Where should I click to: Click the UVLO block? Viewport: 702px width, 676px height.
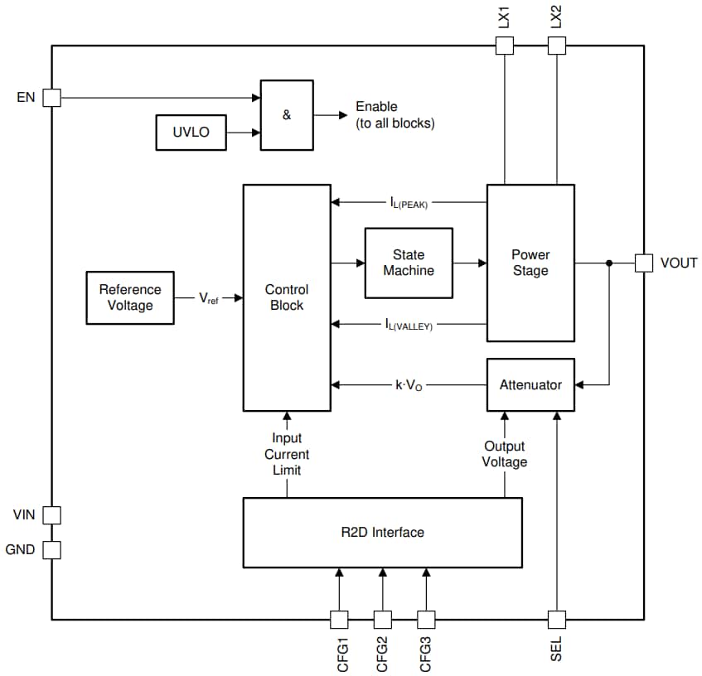[191, 133]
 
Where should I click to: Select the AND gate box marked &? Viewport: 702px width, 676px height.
[287, 115]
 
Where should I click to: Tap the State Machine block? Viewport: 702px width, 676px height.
[409, 263]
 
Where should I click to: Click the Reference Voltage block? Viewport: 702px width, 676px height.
[130, 297]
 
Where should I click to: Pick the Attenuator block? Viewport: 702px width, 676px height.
[530, 384]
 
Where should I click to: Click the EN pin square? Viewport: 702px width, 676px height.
[51, 98]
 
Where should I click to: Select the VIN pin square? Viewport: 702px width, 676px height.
[51, 514]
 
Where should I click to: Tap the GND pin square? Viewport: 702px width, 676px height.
[51, 549]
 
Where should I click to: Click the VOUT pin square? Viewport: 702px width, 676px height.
[644, 263]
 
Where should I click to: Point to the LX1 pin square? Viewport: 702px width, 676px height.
[504, 46]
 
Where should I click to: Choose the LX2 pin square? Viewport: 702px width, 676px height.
[556, 46]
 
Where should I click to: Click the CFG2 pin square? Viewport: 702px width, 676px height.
[382, 620]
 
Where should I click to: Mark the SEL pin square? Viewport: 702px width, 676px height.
[556, 620]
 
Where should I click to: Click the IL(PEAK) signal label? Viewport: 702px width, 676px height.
[409, 202]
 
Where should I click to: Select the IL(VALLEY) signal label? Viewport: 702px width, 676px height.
[409, 324]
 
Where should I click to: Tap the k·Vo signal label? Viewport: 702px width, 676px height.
[409, 385]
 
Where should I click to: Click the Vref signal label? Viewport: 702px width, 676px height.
[208, 298]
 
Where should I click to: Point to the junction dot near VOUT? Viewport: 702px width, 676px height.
[609, 263]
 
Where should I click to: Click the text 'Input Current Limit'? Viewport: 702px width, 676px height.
[287, 454]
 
